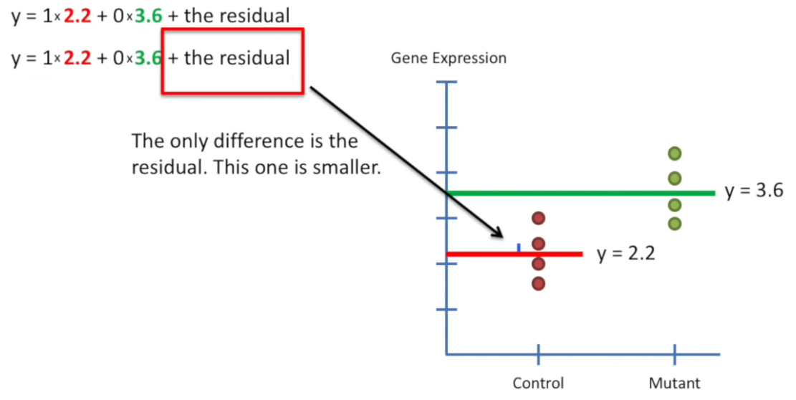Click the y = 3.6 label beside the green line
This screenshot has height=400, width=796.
tap(754, 192)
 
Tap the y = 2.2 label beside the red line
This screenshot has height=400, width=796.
tap(625, 254)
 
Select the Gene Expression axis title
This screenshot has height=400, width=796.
tap(449, 58)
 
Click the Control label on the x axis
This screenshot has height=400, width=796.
tap(538, 383)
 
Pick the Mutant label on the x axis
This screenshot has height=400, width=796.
tap(674, 383)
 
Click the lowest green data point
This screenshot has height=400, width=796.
tap(674, 223)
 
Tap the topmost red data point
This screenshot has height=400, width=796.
tap(539, 218)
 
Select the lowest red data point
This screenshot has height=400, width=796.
tap(539, 284)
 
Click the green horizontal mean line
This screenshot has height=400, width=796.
tap(580, 193)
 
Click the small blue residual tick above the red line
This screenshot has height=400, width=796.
tap(518, 247)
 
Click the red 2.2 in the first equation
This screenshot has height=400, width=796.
tap(77, 16)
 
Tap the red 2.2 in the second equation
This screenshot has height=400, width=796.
tap(77, 58)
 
